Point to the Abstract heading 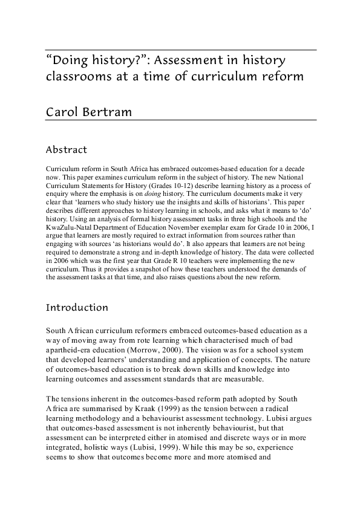click(67, 149)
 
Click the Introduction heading click(77, 308)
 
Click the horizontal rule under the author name click(181, 120)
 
